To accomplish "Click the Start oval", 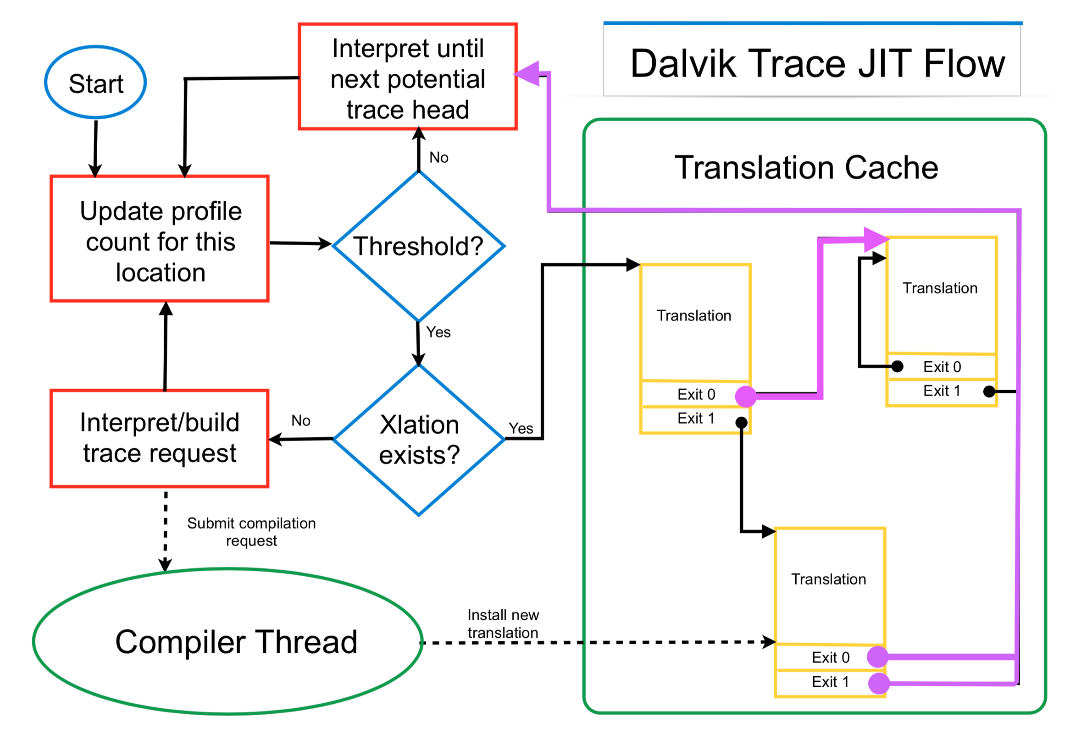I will coord(96,83).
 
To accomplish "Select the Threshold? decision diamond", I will coord(418,246).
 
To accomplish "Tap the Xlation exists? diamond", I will coord(419,440).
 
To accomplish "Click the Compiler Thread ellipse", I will coord(228,642).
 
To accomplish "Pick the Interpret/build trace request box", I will coord(159,438).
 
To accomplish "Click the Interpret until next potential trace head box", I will coord(408,77).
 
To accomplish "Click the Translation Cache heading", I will coord(806,168).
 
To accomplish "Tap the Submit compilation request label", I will coord(251,532).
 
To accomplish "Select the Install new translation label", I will coord(503,624).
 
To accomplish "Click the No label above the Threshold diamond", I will coord(438,158).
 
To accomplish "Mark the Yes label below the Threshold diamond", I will coord(438,332).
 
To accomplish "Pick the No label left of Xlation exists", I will coord(300,421).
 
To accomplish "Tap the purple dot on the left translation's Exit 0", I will coord(746,397).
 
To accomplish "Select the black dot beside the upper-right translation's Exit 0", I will coord(897,367).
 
